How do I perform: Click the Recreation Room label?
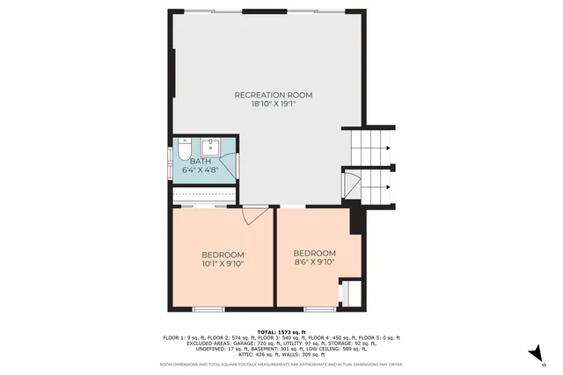[273, 94]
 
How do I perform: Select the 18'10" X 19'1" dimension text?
[273, 104]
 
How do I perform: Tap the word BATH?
[201, 161]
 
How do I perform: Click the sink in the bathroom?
[212, 146]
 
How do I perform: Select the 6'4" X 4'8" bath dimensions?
[201, 169]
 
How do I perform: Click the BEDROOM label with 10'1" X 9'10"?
[223, 254]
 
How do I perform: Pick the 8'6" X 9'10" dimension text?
[315, 262]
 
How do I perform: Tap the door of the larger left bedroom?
[255, 212]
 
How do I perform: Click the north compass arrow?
[533, 353]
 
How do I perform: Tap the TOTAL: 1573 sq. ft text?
[281, 331]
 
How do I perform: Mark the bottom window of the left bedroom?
[208, 308]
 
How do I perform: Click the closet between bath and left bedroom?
[205, 195]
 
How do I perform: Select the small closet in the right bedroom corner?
[349, 292]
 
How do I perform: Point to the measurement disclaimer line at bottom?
[281, 364]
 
